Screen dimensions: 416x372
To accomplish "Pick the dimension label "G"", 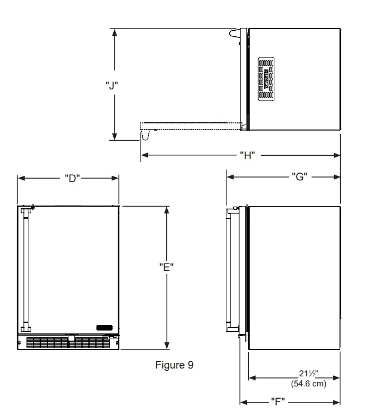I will (299, 177).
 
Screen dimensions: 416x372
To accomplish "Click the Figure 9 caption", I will (174, 366).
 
